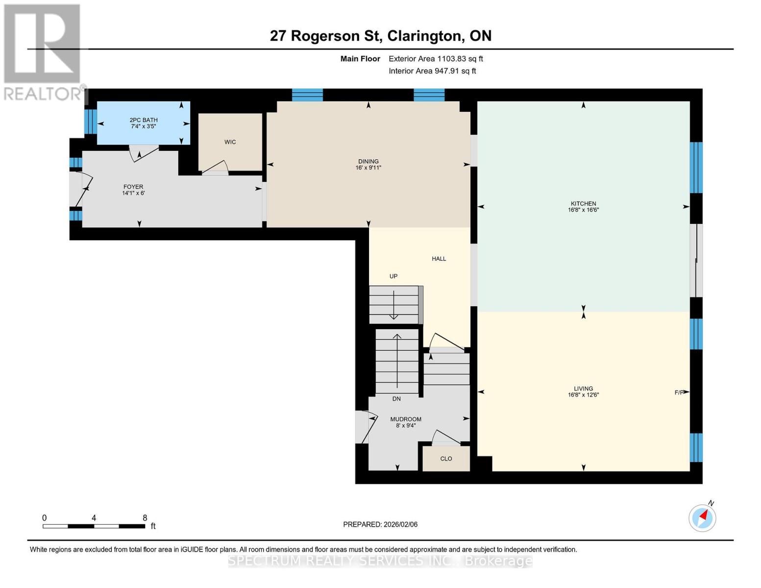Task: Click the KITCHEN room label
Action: (583, 204)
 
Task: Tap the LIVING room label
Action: (583, 389)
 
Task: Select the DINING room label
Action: (368, 162)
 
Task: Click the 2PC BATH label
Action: (144, 120)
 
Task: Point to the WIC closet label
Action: (230, 142)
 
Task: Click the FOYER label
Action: (133, 187)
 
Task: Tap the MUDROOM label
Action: (406, 419)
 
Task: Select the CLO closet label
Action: (446, 459)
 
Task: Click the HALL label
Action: (439, 259)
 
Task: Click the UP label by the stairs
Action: (393, 276)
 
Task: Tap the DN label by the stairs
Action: (396, 399)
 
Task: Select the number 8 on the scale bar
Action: (145, 518)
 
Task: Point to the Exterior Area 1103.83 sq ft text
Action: (436, 59)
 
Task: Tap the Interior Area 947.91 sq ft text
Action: (432, 71)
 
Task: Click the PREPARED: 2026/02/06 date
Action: (380, 524)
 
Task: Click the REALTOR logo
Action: (43, 51)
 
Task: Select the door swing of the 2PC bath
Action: (143, 153)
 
